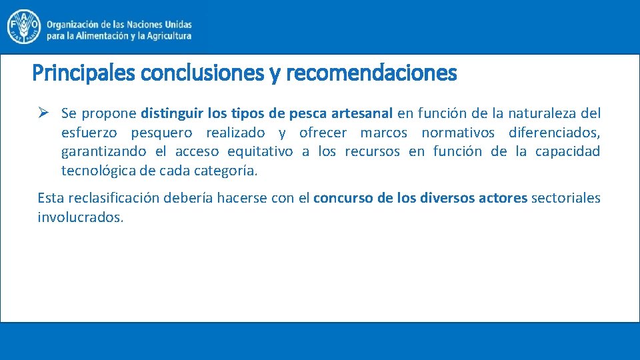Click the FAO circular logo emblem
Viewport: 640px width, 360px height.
(x=23, y=26)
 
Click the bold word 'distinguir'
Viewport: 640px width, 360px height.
(x=168, y=113)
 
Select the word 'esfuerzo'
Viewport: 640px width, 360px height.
(x=89, y=132)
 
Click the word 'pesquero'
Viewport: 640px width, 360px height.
(x=162, y=132)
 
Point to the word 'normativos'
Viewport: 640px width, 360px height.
(x=457, y=132)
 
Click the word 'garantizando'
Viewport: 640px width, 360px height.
(x=103, y=151)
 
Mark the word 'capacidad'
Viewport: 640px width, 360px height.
(x=567, y=151)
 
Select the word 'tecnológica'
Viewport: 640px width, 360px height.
(x=98, y=171)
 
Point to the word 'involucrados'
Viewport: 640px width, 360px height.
(x=80, y=217)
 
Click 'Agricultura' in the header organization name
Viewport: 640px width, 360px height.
(x=166, y=36)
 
